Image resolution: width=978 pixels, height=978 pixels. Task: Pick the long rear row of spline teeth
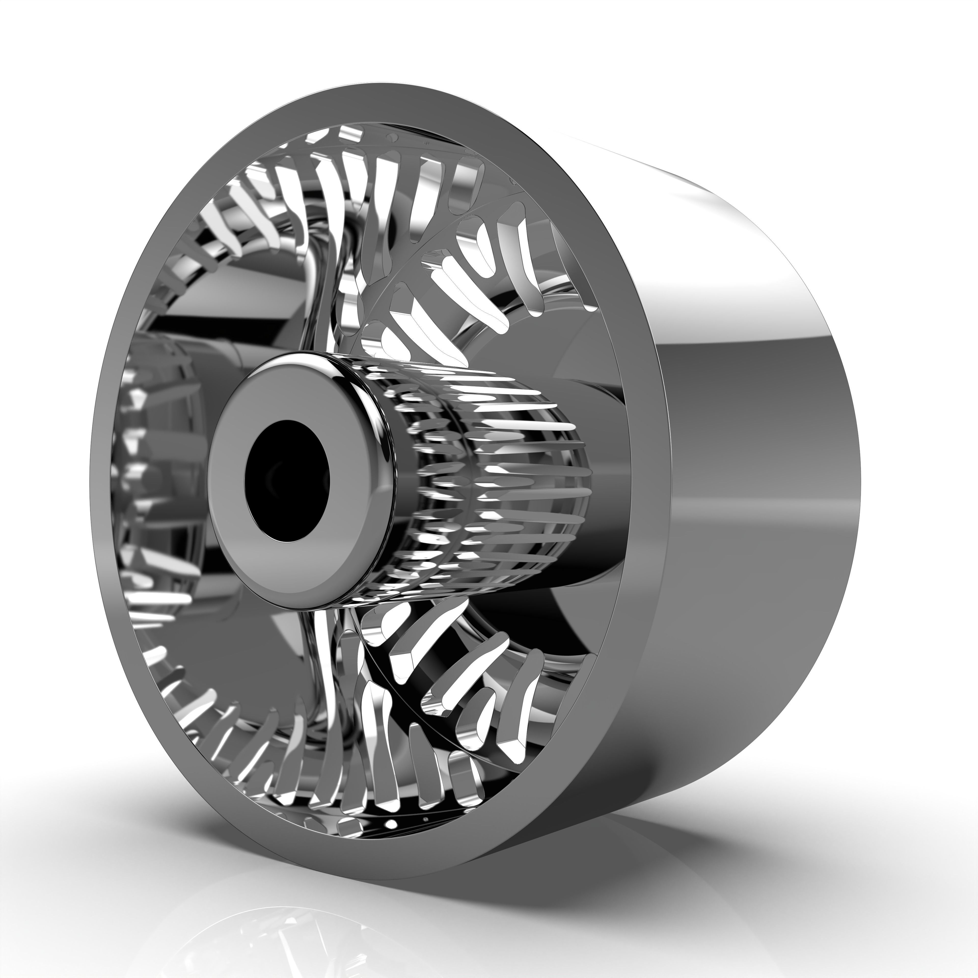click(x=526, y=486)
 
